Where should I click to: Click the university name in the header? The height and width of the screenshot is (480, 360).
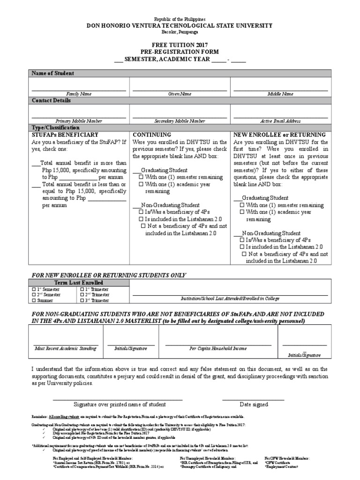click(180, 26)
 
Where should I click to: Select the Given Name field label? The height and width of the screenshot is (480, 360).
click(180, 94)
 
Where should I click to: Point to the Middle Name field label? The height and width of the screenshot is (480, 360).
click(280, 94)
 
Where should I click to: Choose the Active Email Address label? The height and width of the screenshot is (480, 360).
click(280, 120)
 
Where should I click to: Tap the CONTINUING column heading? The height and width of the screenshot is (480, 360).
click(152, 134)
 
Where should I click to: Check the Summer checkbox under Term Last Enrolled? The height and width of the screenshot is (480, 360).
click(34, 300)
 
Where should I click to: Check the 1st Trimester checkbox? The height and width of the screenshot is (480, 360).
click(82, 289)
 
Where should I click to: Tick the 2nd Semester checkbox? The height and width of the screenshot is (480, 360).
click(34, 295)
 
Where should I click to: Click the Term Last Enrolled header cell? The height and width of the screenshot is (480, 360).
click(79, 283)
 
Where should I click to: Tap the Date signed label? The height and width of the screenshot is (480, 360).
click(254, 404)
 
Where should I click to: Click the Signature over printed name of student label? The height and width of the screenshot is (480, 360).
click(120, 404)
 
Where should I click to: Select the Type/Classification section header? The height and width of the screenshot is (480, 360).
click(56, 127)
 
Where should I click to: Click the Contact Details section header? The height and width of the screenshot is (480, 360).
click(51, 100)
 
